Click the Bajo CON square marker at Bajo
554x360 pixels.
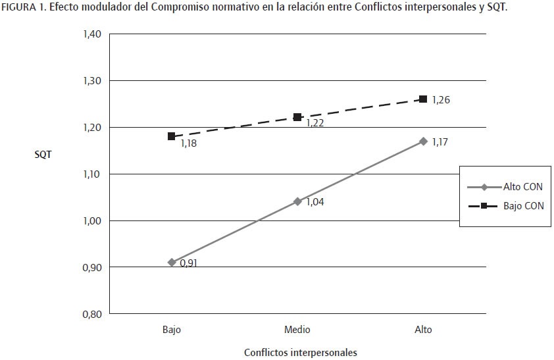pyautogui.click(x=172, y=136)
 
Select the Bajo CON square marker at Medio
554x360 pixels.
pyautogui.click(x=297, y=117)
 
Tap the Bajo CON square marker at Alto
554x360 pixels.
pyautogui.click(x=423, y=99)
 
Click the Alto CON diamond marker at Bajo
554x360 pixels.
pyautogui.click(x=172, y=262)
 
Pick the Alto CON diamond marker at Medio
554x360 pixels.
pyautogui.click(x=297, y=201)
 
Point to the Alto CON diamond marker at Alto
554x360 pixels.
pyautogui.click(x=423, y=141)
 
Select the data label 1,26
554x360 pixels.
pyautogui.click(x=440, y=100)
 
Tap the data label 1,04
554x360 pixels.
pyautogui.click(x=315, y=202)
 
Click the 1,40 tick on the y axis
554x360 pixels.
pyautogui.click(x=91, y=34)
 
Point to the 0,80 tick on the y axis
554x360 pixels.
pyautogui.click(x=91, y=314)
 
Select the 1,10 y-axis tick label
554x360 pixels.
pyautogui.click(x=91, y=174)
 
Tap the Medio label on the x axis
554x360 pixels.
pyautogui.click(x=297, y=330)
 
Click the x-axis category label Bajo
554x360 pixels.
pyautogui.click(x=172, y=330)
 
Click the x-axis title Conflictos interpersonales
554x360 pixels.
pyautogui.click(x=301, y=352)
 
